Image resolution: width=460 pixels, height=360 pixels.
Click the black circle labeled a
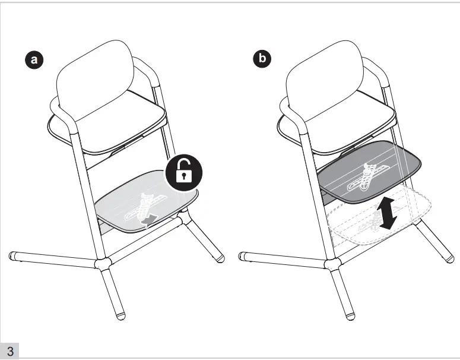point(34,59)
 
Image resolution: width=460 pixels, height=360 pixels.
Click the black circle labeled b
point(262,58)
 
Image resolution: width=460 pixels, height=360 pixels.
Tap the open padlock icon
point(184,172)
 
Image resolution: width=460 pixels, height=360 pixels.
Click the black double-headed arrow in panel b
point(387,213)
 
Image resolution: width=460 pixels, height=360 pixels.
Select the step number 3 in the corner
point(10,351)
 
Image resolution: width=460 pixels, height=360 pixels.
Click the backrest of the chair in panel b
point(325,80)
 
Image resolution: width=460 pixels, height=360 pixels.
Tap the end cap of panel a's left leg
point(12,256)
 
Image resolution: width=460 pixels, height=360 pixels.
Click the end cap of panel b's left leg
point(242,256)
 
